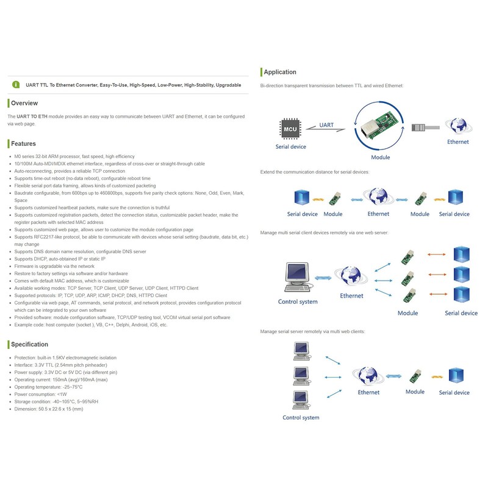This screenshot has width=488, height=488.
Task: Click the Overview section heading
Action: click(24, 103)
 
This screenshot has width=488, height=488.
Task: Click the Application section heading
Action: click(280, 72)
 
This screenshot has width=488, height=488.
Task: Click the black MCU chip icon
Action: click(289, 129)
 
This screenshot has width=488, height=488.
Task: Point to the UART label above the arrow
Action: click(327, 125)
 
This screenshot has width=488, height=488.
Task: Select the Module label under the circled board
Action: click(380, 157)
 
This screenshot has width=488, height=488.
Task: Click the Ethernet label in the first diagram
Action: click(458, 142)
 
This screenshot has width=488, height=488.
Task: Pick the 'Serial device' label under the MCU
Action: click(290, 147)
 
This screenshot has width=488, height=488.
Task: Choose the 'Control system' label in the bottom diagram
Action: click(301, 418)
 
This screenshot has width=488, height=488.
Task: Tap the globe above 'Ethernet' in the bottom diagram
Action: click(368, 376)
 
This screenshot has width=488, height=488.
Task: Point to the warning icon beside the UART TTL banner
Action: click(15, 85)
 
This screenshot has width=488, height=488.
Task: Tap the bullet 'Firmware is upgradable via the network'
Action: click(56, 267)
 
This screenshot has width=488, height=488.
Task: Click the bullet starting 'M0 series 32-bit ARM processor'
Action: click(74, 157)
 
